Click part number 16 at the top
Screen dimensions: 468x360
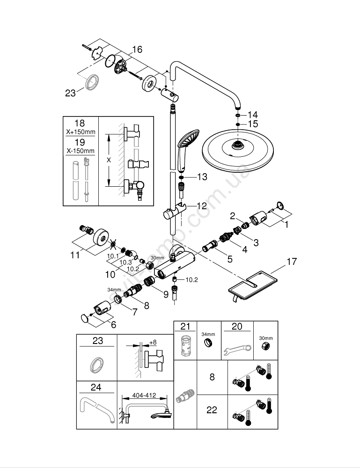(137, 50)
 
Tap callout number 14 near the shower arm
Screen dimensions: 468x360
(253, 115)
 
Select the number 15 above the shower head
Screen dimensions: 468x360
(253, 124)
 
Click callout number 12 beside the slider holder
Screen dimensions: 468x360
(201, 205)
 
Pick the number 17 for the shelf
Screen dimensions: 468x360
(292, 263)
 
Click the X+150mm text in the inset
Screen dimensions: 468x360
(80, 132)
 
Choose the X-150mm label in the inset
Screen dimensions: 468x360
(80, 151)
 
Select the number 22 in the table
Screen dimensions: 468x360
(212, 410)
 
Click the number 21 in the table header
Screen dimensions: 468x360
(185, 326)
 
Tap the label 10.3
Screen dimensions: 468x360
(125, 263)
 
